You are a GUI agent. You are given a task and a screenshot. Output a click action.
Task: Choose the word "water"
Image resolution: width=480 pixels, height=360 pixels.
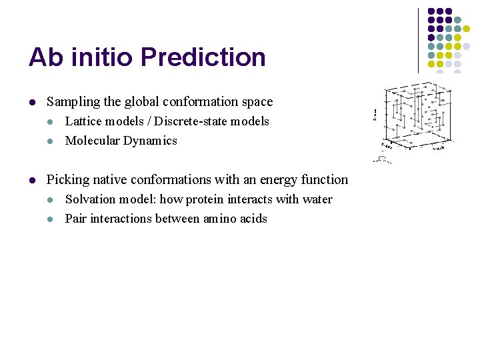tap(317, 199)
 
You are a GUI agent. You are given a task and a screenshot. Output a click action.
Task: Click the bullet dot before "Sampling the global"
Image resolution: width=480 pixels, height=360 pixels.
tap(31, 103)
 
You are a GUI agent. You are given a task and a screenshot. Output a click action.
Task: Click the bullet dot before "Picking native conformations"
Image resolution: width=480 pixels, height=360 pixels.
tap(31, 181)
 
